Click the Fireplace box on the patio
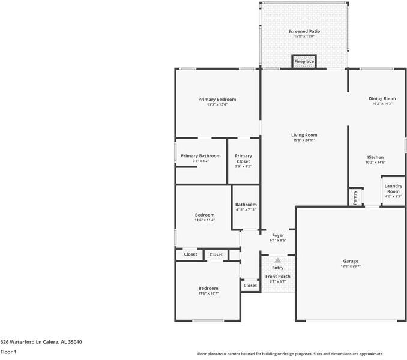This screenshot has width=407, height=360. tap(304, 61)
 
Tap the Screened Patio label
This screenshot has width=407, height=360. tap(304, 31)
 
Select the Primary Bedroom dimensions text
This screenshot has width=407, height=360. tap(217, 104)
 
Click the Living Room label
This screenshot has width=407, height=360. tap(304, 135)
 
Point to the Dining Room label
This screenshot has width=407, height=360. tap(382, 98)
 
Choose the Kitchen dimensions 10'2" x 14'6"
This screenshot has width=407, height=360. tap(375, 163)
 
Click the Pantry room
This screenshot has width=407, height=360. tap(355, 197)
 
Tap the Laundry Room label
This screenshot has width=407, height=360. tap(393, 188)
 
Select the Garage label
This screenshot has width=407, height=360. tap(351, 261)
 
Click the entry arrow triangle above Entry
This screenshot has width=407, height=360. tap(278, 260)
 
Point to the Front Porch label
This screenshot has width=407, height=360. tap(278, 277)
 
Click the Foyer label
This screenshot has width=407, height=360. tap(278, 235)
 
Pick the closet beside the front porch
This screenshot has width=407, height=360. tap(250, 286)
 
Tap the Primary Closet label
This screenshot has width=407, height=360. tap(243, 158)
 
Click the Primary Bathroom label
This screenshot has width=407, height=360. tap(200, 156)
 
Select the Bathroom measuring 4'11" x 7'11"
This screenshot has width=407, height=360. tap(246, 207)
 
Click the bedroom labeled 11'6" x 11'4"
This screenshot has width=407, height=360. tap(205, 217)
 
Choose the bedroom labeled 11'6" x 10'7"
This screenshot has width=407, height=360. tap(208, 291)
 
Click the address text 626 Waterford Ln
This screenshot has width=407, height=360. tap(21, 342)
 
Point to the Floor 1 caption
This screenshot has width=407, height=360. tap(8, 352)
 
